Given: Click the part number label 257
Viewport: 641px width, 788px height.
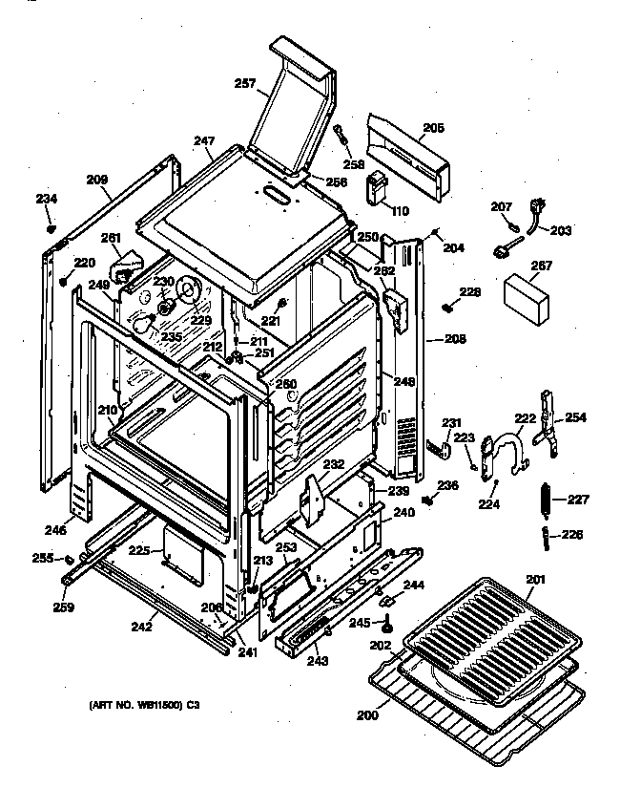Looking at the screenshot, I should click(245, 84).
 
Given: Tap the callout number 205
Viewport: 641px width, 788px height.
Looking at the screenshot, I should click(434, 127).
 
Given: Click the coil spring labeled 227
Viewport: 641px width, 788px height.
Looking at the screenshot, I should click(547, 499).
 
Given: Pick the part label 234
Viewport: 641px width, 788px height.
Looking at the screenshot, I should click(47, 199).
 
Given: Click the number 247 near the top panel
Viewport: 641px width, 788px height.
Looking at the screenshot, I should click(203, 141).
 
